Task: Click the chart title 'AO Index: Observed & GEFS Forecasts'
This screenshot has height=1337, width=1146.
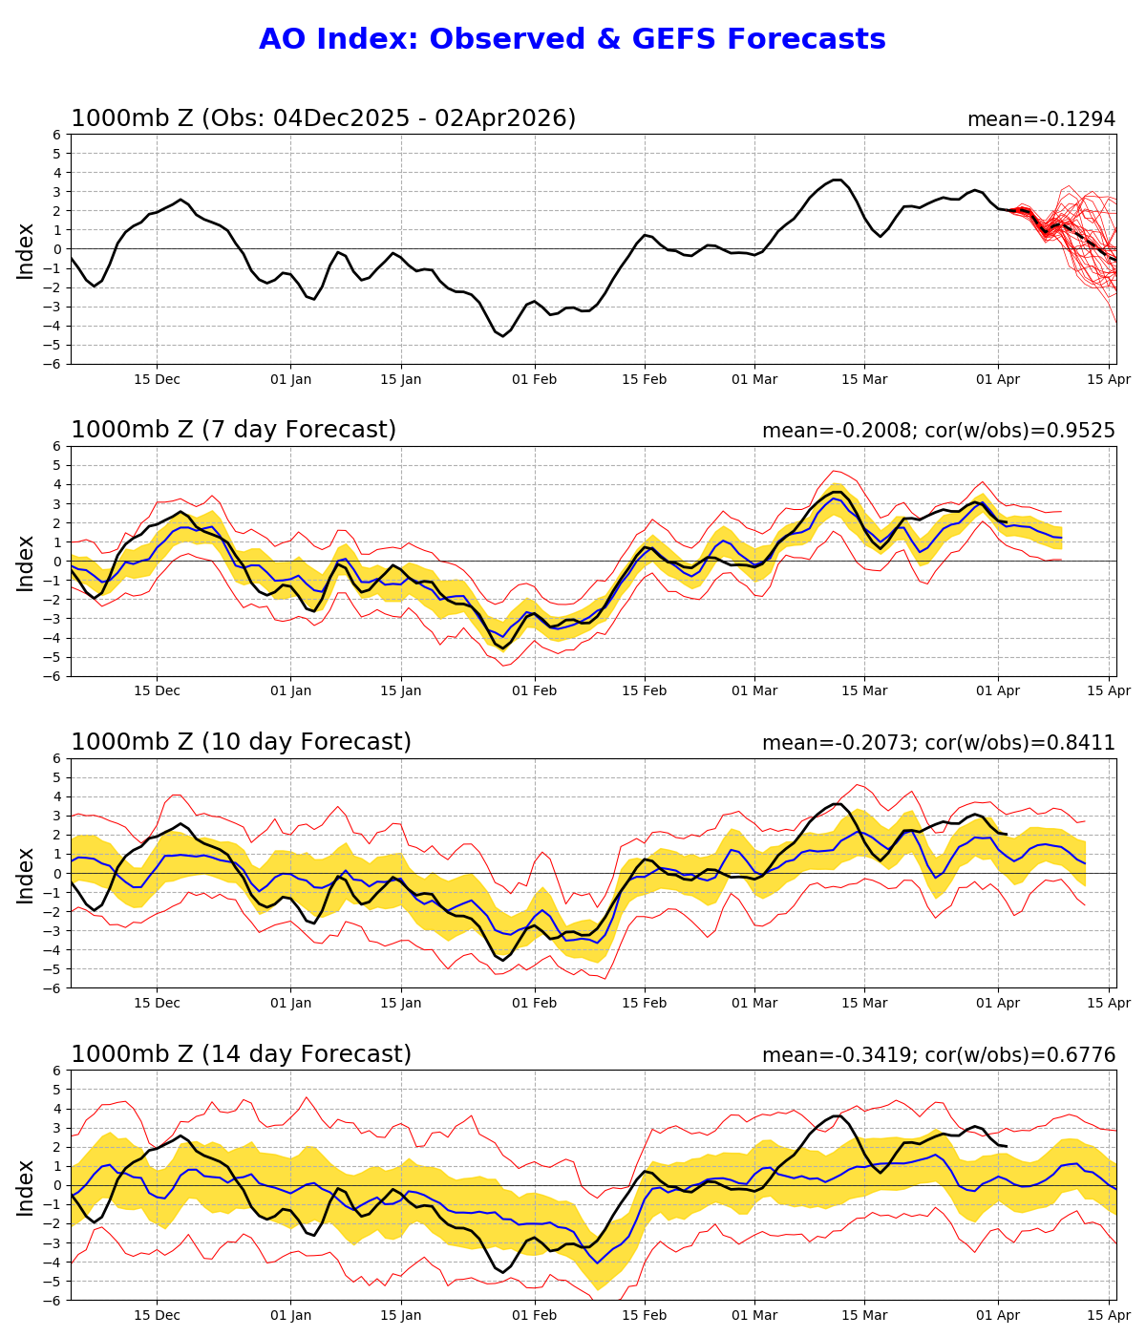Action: [x=572, y=39]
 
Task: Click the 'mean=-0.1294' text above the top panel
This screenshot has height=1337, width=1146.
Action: [x=1041, y=119]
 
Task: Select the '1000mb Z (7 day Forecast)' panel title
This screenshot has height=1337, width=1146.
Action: [x=233, y=431]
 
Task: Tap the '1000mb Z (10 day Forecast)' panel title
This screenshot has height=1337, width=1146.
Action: [x=241, y=743]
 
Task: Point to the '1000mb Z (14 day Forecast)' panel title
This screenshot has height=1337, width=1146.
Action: [x=241, y=1054]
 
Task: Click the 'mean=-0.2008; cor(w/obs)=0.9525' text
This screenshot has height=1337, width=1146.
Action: [x=938, y=431]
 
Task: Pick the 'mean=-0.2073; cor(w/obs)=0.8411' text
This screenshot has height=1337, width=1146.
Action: [x=938, y=743]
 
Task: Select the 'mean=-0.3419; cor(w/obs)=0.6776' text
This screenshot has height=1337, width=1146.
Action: [x=938, y=1055]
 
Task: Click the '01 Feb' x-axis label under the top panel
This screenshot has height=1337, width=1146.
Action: [x=534, y=379]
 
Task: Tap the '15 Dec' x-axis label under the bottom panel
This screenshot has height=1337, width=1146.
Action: [x=157, y=1315]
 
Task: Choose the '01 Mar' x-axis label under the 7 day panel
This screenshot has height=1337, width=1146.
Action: [x=754, y=691]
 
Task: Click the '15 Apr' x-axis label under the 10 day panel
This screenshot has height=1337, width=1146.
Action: [x=1109, y=1003]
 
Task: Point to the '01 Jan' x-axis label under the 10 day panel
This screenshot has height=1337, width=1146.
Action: [x=291, y=1003]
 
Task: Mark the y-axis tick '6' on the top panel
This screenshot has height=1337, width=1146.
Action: [x=58, y=135]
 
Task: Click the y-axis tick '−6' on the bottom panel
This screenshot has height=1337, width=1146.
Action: [x=54, y=1301]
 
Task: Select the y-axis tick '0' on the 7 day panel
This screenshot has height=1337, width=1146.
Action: [x=58, y=562]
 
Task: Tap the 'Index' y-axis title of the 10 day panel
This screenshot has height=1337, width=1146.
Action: [x=26, y=874]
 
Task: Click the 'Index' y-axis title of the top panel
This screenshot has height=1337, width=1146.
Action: [x=26, y=250]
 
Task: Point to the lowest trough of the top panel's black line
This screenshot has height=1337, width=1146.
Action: [x=503, y=336]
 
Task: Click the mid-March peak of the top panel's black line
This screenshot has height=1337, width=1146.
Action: [x=838, y=180]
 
